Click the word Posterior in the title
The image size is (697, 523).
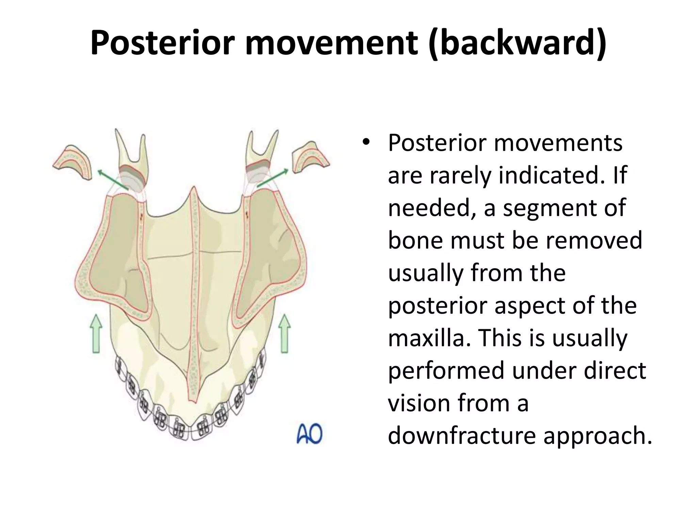[x=163, y=43]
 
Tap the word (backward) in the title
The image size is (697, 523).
[x=517, y=43]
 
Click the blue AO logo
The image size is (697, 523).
[x=309, y=434]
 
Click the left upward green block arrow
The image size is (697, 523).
[x=96, y=333]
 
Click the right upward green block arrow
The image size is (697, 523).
[x=285, y=333]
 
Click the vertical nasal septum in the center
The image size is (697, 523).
[x=194, y=289]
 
